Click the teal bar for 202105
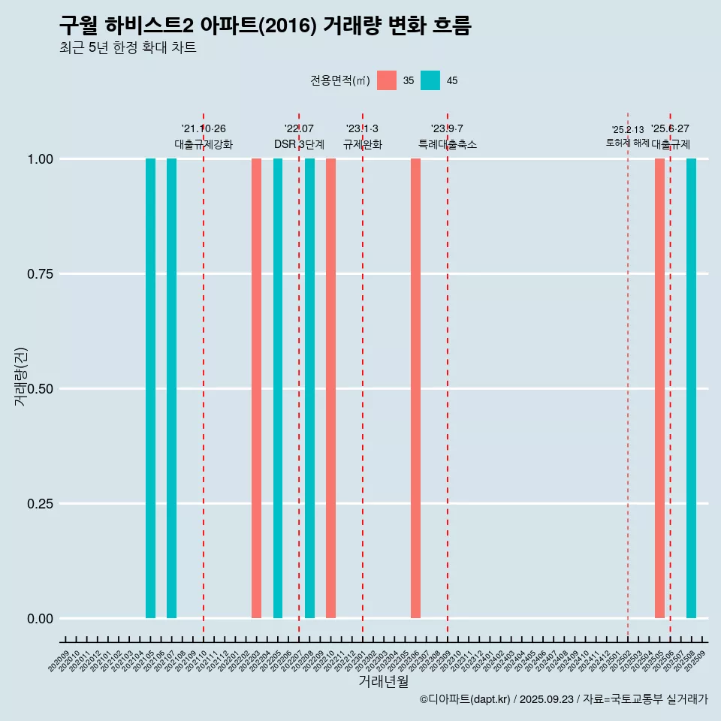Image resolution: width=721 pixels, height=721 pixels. coord(150,388)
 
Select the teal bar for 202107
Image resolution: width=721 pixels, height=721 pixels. coord(171,388)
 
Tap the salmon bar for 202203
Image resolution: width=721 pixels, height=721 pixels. coord(256,388)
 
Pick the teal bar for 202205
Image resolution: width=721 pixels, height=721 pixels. coord(278,388)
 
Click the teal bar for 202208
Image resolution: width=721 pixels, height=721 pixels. coord(309,388)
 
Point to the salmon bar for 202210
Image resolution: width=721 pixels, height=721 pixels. coord(330,388)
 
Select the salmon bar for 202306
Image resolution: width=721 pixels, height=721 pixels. coord(415,388)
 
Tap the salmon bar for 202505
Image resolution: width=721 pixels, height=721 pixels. coord(659,388)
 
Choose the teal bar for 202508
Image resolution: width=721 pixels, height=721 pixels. coord(691,388)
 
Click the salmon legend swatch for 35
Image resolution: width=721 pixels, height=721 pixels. coord(387,80)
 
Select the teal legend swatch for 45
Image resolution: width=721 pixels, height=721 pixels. coord(430,80)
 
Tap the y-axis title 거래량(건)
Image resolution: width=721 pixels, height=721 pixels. coord(20,376)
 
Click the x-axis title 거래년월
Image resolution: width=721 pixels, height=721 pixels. coord(384,681)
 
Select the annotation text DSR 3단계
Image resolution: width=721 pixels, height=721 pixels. coord(299,144)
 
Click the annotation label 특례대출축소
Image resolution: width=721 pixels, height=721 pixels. coord(448,144)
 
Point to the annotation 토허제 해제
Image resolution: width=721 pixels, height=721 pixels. coord(627,143)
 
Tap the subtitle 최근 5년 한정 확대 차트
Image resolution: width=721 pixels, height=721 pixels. coord(128,48)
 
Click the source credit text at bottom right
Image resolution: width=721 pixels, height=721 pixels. coord(563,699)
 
